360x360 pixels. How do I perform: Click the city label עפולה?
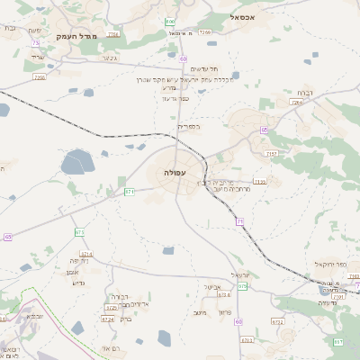tap(175, 171)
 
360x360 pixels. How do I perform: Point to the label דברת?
tap(303, 92)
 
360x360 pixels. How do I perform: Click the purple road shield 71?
tap(240, 221)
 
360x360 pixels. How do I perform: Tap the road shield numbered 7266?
tap(205, 31)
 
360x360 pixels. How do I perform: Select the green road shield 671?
tap(130, 191)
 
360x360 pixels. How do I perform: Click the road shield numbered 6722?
tap(277, 321)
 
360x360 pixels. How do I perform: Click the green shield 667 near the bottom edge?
tap(338, 342)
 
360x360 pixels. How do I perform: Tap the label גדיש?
tap(77, 283)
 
